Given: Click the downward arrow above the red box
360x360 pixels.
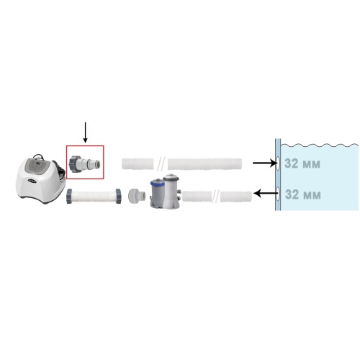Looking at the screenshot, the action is [85, 132].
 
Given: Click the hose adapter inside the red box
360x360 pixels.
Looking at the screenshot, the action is [84, 163].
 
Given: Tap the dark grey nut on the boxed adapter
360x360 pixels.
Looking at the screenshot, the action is [73, 163].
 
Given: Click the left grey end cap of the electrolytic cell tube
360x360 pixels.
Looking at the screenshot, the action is [70, 196].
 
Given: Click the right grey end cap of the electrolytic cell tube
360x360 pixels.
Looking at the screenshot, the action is [118, 196].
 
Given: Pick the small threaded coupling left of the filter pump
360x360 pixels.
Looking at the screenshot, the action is [137, 196].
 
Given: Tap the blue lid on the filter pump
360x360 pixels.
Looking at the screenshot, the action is [157, 184].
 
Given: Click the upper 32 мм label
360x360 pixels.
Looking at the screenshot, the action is [302, 163].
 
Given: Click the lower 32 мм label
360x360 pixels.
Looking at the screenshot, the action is [302, 194].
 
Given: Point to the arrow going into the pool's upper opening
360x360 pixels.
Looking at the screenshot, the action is [265, 163].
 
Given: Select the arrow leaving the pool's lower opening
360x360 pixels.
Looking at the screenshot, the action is [266, 193].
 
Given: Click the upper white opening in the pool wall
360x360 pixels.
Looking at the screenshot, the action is [278, 163].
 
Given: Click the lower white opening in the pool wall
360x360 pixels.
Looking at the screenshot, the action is [278, 194].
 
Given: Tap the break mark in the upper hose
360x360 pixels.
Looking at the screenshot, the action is [161, 164].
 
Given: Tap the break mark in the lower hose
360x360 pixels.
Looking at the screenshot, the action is [216, 197].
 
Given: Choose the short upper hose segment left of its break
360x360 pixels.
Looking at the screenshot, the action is [138, 163].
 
